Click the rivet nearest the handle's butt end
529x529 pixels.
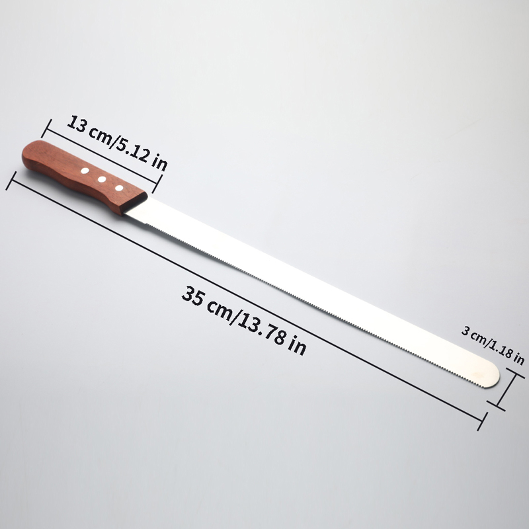click(x=85, y=171)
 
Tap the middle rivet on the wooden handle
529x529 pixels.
click(x=102, y=179)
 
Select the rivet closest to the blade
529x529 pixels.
click(x=119, y=188)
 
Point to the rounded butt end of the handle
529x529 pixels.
click(x=26, y=156)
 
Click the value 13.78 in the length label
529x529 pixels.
click(x=262, y=328)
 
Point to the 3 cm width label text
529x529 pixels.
click(x=475, y=335)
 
